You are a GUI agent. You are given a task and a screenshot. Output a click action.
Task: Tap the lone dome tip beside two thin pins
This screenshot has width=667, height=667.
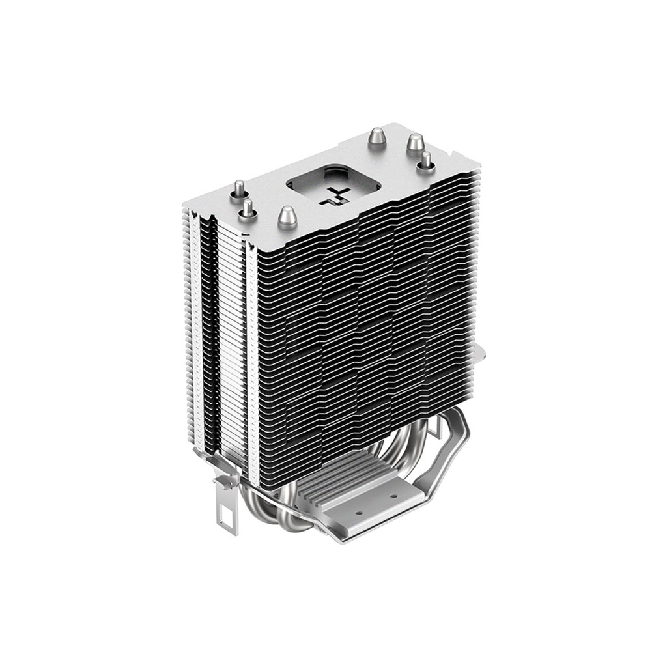[x=287, y=217]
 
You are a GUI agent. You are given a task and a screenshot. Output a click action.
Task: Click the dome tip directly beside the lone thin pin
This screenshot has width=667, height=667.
[x=414, y=143]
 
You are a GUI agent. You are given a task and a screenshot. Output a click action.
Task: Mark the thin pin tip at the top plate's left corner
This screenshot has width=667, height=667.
[x=239, y=188]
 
